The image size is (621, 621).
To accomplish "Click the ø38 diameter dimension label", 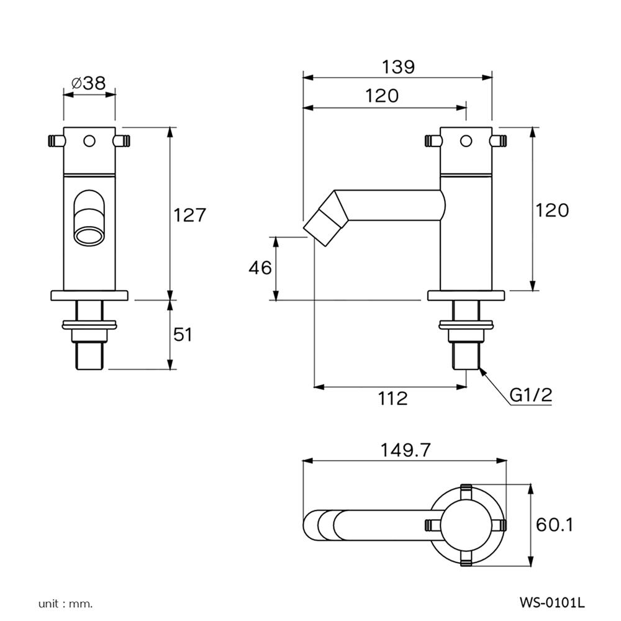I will pos(89,83).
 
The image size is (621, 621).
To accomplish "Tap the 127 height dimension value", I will pos(189,215).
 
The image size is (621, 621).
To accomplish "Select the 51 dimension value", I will pos(182,335).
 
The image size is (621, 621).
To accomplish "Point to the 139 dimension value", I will pos(398,66).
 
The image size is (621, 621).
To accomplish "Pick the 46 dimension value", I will pos(260,268).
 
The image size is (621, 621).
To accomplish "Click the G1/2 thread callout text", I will pos(531,395).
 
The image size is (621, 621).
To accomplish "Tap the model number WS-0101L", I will pos(552,602).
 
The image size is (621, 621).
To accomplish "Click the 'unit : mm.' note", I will pos(65,603).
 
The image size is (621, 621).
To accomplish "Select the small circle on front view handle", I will pos(89,141).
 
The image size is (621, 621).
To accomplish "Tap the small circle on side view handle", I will pos(466,141).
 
